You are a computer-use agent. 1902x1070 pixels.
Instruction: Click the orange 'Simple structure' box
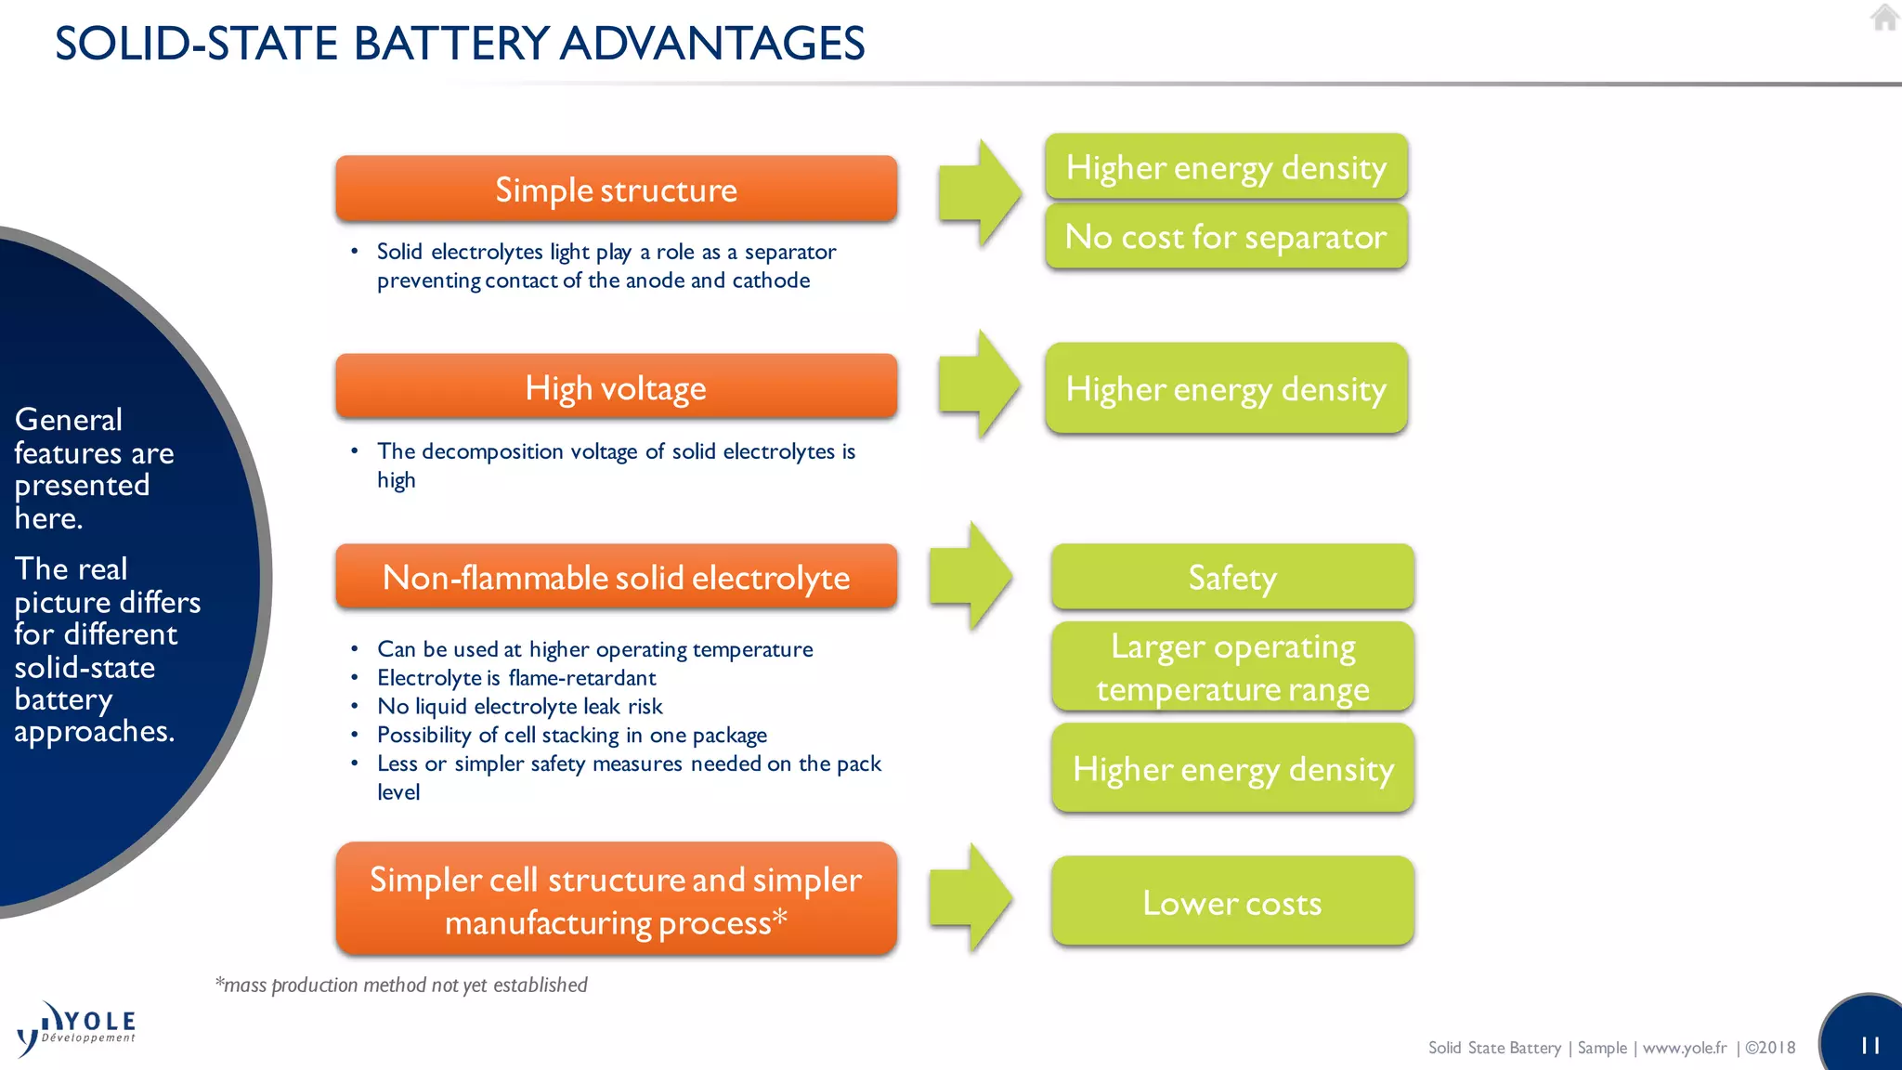[616, 189]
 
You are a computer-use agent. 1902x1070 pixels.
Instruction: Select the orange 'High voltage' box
[616, 387]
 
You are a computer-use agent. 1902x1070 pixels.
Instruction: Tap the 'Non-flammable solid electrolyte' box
[616, 577]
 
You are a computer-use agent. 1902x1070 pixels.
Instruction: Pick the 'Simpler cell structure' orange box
[616, 899]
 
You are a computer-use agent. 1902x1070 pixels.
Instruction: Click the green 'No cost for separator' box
[1226, 237]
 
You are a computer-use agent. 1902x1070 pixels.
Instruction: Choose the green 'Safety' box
[1232, 577]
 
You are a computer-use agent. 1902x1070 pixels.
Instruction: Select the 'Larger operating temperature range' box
[1232, 667]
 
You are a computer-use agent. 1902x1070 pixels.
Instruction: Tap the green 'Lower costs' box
[1232, 902]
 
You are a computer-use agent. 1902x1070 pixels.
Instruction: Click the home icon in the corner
[1884, 18]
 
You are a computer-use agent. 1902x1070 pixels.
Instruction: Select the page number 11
[1870, 1046]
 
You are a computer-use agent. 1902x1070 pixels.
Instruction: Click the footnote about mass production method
[401, 985]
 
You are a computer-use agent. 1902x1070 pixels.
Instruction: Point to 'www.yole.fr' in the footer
[1685, 1048]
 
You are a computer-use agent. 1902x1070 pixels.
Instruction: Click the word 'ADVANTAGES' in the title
[712, 44]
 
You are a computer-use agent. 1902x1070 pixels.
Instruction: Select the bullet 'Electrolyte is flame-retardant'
[516, 678]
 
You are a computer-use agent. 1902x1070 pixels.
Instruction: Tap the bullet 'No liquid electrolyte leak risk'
[519, 707]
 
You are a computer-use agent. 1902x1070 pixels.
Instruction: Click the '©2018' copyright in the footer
[1770, 1048]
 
